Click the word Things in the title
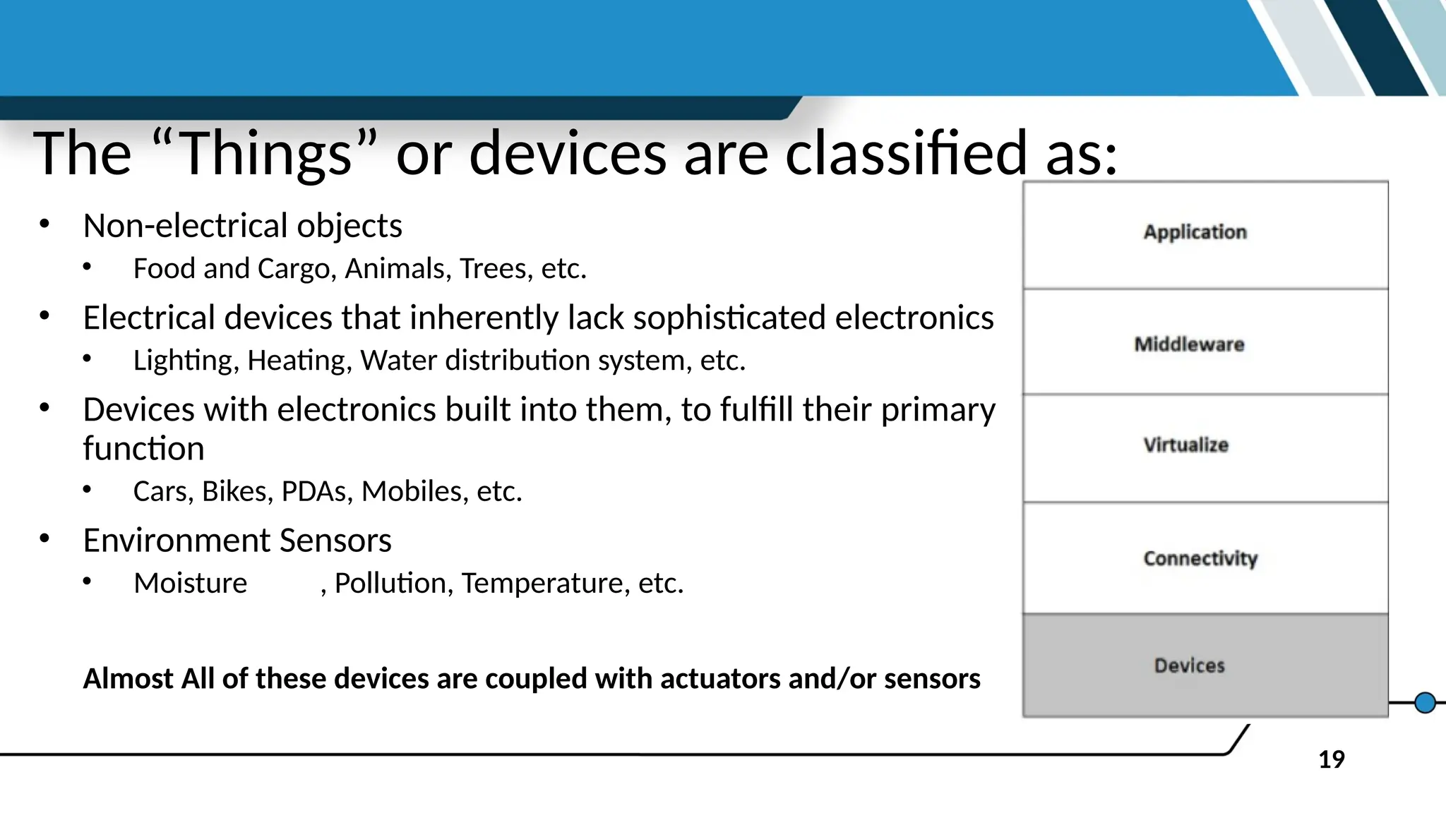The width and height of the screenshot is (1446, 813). (265, 154)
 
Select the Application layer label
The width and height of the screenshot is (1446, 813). (1195, 232)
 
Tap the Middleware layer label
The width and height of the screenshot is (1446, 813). (1189, 344)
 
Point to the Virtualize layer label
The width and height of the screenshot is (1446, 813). (1185, 445)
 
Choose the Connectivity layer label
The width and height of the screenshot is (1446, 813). (1200, 558)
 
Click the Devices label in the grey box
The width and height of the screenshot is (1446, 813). (1189, 666)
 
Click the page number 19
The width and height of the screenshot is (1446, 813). (1331, 760)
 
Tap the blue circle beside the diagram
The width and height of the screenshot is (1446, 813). (1425, 703)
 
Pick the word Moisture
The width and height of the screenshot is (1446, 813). (190, 584)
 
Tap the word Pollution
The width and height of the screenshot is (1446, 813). (393, 584)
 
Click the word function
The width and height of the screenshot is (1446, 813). (143, 449)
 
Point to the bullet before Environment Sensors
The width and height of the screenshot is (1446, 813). (44, 539)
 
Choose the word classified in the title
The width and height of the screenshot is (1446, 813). (905, 154)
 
